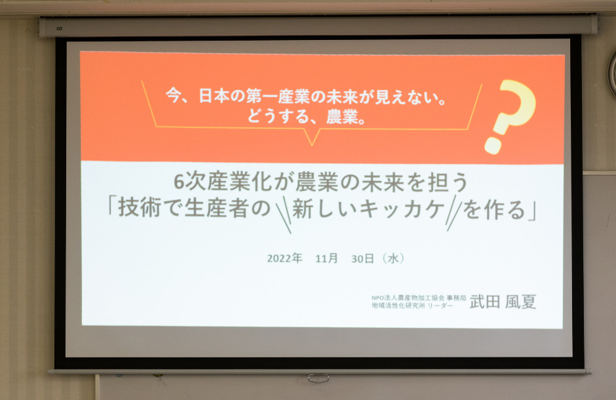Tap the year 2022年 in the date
(x=284, y=258)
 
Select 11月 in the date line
(x=326, y=258)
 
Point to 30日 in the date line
(x=362, y=258)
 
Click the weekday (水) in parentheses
(x=393, y=258)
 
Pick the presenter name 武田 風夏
(x=503, y=302)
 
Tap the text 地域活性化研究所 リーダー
(x=412, y=306)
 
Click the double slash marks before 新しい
(x=284, y=214)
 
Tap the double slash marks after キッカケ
(x=453, y=212)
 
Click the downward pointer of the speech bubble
(x=312, y=138)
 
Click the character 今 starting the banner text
(x=173, y=96)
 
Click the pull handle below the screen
(x=318, y=378)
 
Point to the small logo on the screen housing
(x=60, y=28)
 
